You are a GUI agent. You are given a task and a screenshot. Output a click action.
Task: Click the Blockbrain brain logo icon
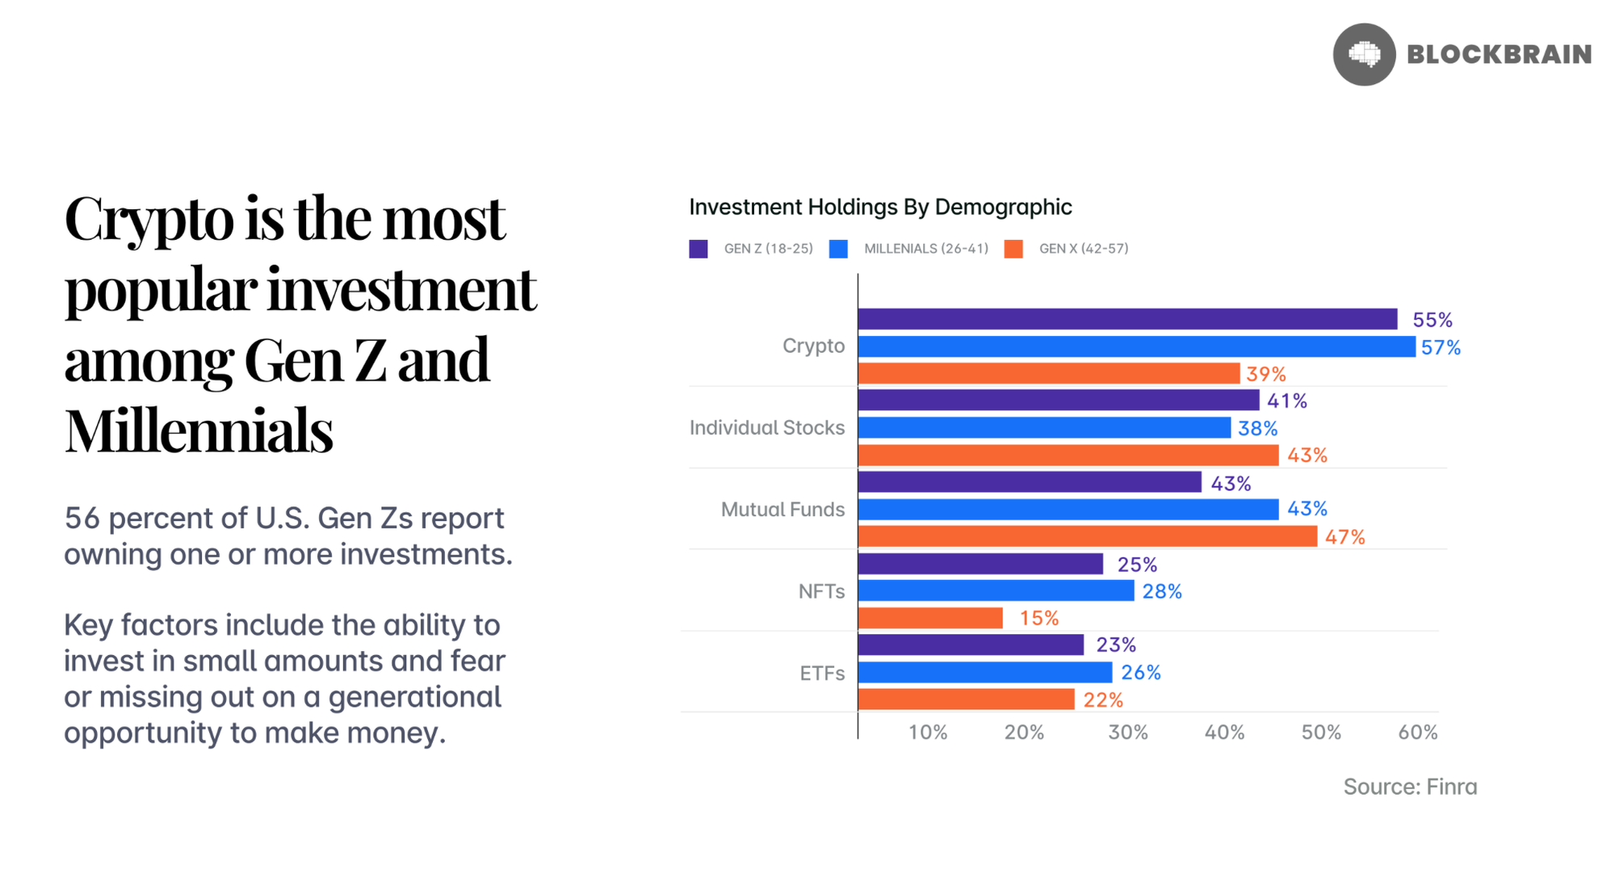click(x=1364, y=54)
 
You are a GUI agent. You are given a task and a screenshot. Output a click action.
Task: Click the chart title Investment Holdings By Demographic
click(x=880, y=207)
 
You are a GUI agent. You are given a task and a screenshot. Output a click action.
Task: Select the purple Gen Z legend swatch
click(x=698, y=249)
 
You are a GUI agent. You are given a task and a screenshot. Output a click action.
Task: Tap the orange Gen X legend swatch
click(x=1013, y=249)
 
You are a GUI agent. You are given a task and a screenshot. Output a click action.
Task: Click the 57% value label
click(x=1441, y=347)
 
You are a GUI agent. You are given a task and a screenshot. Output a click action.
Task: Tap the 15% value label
click(x=1038, y=618)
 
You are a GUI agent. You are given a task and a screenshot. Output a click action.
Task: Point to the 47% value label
click(x=1344, y=537)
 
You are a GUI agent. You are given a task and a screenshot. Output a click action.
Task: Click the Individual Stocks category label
click(x=767, y=427)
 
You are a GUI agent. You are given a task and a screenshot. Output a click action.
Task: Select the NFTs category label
click(x=821, y=591)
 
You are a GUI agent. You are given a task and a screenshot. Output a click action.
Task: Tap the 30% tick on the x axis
click(x=1127, y=733)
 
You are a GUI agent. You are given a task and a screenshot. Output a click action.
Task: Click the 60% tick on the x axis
click(x=1417, y=733)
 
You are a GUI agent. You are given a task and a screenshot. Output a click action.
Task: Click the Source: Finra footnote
click(x=1410, y=787)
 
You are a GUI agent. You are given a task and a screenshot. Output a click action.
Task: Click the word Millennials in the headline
click(x=199, y=431)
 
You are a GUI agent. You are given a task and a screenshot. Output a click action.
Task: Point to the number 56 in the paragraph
click(x=82, y=518)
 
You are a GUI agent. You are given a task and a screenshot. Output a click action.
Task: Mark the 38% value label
click(x=1257, y=428)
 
